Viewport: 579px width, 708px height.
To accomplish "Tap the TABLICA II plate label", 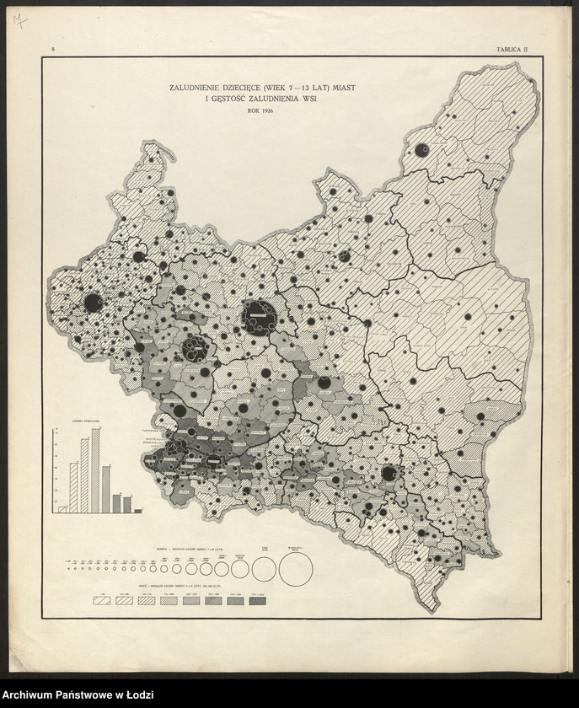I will tap(512, 51).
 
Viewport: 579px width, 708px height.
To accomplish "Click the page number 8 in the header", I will tap(53, 51).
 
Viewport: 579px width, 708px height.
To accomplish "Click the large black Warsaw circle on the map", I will tap(260, 316).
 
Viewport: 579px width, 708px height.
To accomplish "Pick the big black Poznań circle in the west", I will tap(94, 302).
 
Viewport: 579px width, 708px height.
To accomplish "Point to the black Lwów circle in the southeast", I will tap(389, 474).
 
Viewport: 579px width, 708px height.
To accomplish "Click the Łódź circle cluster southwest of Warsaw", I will tap(196, 346).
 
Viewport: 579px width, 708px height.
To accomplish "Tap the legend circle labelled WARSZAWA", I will tap(295, 571).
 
